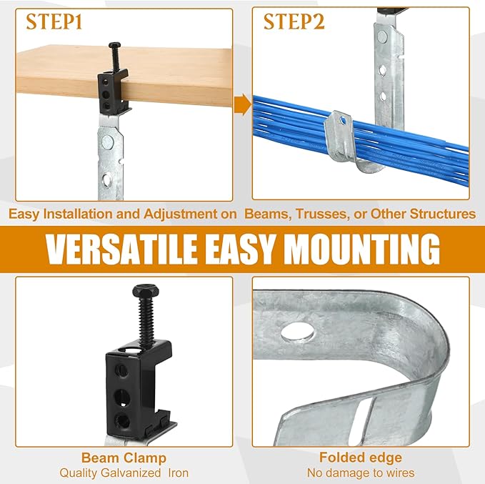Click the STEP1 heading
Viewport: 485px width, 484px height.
coord(54,22)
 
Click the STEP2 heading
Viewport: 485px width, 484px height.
coord(294,22)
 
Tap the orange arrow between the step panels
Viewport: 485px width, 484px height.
coord(243,104)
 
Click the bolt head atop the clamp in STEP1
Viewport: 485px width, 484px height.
coord(115,46)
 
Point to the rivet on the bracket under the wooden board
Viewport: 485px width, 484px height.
coord(108,142)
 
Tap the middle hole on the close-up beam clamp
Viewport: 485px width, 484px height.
coord(122,397)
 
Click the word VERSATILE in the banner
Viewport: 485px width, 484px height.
coord(121,250)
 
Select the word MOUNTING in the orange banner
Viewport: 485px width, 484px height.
coord(362,250)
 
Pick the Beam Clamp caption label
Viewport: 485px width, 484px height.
coord(124,458)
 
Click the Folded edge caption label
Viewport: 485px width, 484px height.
coord(361,458)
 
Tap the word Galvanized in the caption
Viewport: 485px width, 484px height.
coord(131,473)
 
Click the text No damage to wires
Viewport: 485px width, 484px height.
coord(361,473)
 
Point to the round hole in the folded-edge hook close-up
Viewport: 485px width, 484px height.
coord(298,332)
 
